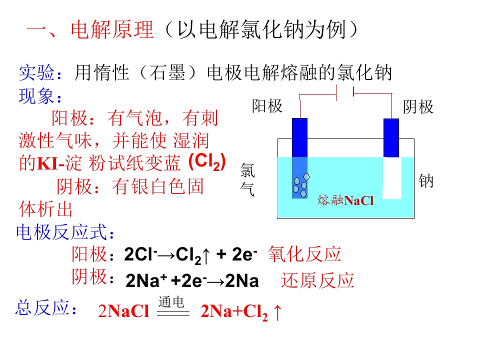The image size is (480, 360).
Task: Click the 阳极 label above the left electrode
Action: pyautogui.click(x=267, y=106)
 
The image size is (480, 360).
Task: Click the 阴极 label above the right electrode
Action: pyautogui.click(x=418, y=107)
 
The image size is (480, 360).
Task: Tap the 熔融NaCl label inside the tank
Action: pyautogui.click(x=345, y=200)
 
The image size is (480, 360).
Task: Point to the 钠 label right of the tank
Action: pyautogui.click(x=426, y=180)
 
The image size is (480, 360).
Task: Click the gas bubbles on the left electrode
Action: pyautogui.click(x=300, y=185)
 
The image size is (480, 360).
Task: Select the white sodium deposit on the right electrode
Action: pyautogui.click(x=392, y=178)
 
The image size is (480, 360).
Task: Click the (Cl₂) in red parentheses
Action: pyautogui.click(x=207, y=161)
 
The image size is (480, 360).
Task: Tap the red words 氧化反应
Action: pyautogui.click(x=304, y=254)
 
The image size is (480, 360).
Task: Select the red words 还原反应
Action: pyautogui.click(x=317, y=280)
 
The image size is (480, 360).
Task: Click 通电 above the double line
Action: pyautogui.click(x=171, y=302)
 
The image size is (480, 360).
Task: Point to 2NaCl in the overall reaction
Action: pyautogui.click(x=123, y=311)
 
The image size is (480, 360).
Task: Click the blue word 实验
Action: pyautogui.click(x=36, y=73)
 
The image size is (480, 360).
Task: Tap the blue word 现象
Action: pyautogui.click(x=36, y=96)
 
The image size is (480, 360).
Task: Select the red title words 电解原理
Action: pyautogui.click(x=112, y=29)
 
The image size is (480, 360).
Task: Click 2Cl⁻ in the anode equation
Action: pyautogui.click(x=140, y=254)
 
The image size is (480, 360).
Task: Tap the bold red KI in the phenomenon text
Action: pyautogui.click(x=47, y=164)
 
